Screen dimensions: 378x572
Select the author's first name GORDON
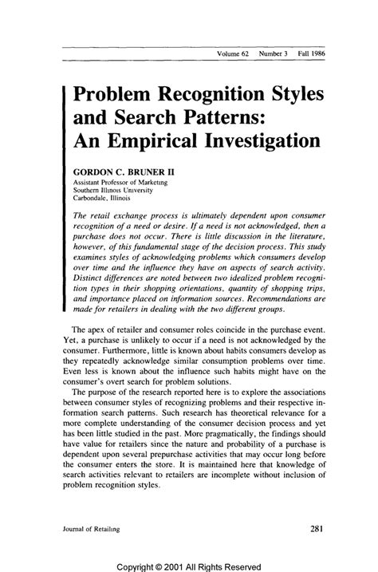(x=93, y=172)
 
